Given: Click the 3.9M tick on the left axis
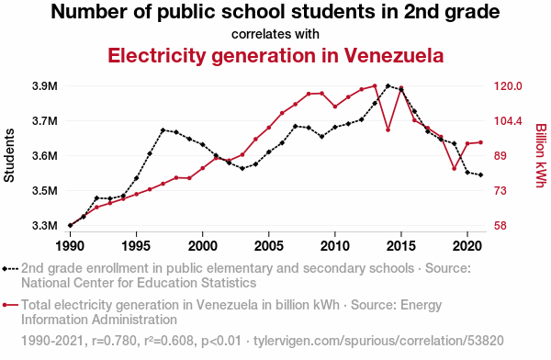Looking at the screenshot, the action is [45, 86].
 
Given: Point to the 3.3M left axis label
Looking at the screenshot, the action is [45, 225].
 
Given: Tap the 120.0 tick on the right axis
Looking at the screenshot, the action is [508, 86].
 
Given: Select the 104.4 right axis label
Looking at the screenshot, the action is [508, 121].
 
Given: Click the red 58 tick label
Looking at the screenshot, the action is [500, 225].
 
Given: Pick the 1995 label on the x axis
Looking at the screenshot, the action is [136, 246].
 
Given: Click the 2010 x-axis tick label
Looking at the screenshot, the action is [335, 246].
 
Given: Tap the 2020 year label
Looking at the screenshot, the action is [467, 246].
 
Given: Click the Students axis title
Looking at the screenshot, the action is [9, 155].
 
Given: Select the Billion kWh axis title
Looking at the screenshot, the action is [541, 155].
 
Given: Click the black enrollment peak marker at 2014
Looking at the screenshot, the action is [388, 85].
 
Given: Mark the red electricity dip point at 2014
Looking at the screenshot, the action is [388, 130].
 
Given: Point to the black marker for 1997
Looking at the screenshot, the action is [163, 130].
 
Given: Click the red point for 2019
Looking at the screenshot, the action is [454, 169].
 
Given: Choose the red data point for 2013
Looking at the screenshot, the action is [375, 85].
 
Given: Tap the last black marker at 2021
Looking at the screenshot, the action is [480, 174].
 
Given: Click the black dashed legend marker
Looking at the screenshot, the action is [10, 269].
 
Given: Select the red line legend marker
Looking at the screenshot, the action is [10, 305].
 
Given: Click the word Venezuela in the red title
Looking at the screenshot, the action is [394, 55].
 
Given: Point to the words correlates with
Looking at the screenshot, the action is [275, 34].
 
